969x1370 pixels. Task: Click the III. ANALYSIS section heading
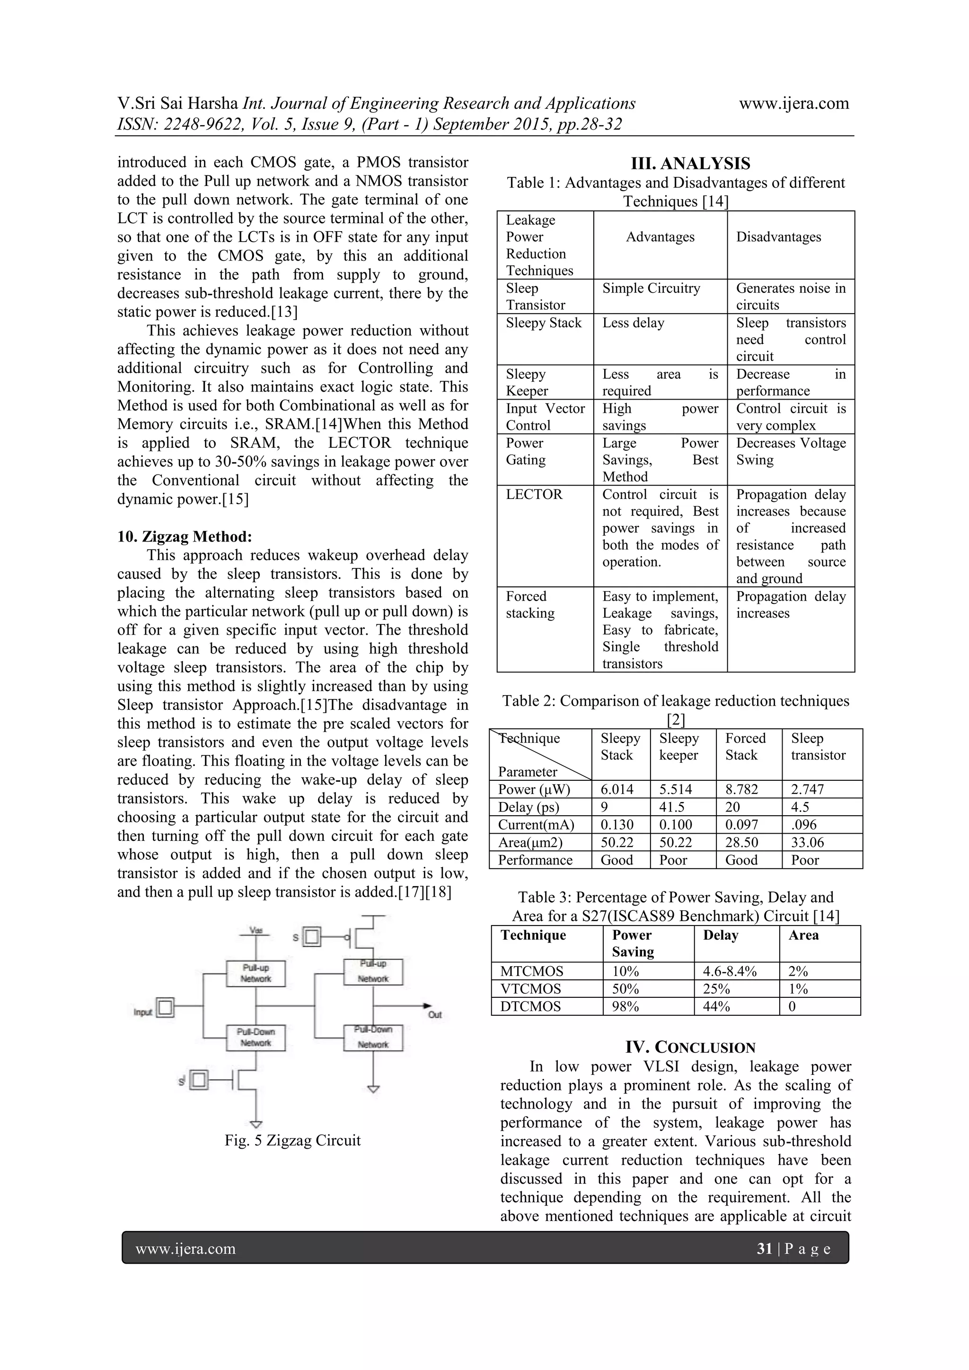(690, 164)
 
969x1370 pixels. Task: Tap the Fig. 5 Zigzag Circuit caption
(292, 1140)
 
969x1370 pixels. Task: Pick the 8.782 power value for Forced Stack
(741, 789)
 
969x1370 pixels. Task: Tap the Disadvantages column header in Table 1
(778, 237)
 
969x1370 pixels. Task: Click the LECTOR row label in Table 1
(534, 495)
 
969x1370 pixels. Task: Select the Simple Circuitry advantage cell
(651, 288)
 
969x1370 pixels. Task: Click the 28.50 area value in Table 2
(741, 843)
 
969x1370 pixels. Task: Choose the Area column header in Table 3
(803, 935)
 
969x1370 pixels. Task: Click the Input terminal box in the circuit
(166, 1008)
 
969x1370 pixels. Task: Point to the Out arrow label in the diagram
(435, 1014)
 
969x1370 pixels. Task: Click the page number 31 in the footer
(764, 1249)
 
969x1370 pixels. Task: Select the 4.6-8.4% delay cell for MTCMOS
(730, 971)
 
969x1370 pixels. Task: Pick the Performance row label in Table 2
(535, 860)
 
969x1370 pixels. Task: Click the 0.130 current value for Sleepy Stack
(617, 825)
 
